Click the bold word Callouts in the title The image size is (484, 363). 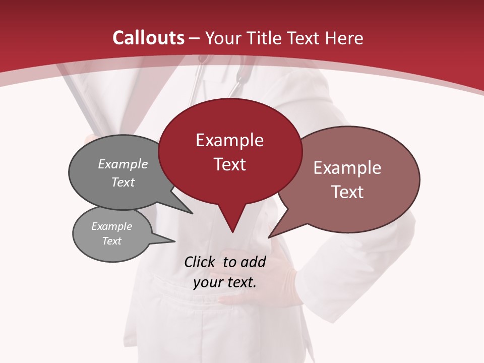148,38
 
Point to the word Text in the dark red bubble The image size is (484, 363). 229,164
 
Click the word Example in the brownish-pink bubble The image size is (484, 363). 347,167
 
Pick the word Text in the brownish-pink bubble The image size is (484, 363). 347,192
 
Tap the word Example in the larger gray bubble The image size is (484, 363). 123,164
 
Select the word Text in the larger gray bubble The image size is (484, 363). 123,182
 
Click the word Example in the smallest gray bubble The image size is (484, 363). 111,226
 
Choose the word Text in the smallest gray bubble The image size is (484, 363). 111,241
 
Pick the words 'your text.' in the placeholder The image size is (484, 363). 225,282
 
